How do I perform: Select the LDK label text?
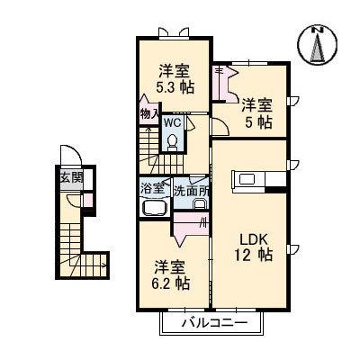pos(251,239)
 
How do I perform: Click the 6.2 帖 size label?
pos(169,283)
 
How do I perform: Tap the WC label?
pos(174,121)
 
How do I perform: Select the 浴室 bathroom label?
pos(153,190)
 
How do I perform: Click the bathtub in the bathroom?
pos(154,209)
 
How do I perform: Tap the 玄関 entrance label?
pos(71,177)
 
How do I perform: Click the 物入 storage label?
pos(148,114)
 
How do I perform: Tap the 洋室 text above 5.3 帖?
pos(173,70)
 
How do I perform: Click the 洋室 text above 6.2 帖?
pos(170,265)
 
